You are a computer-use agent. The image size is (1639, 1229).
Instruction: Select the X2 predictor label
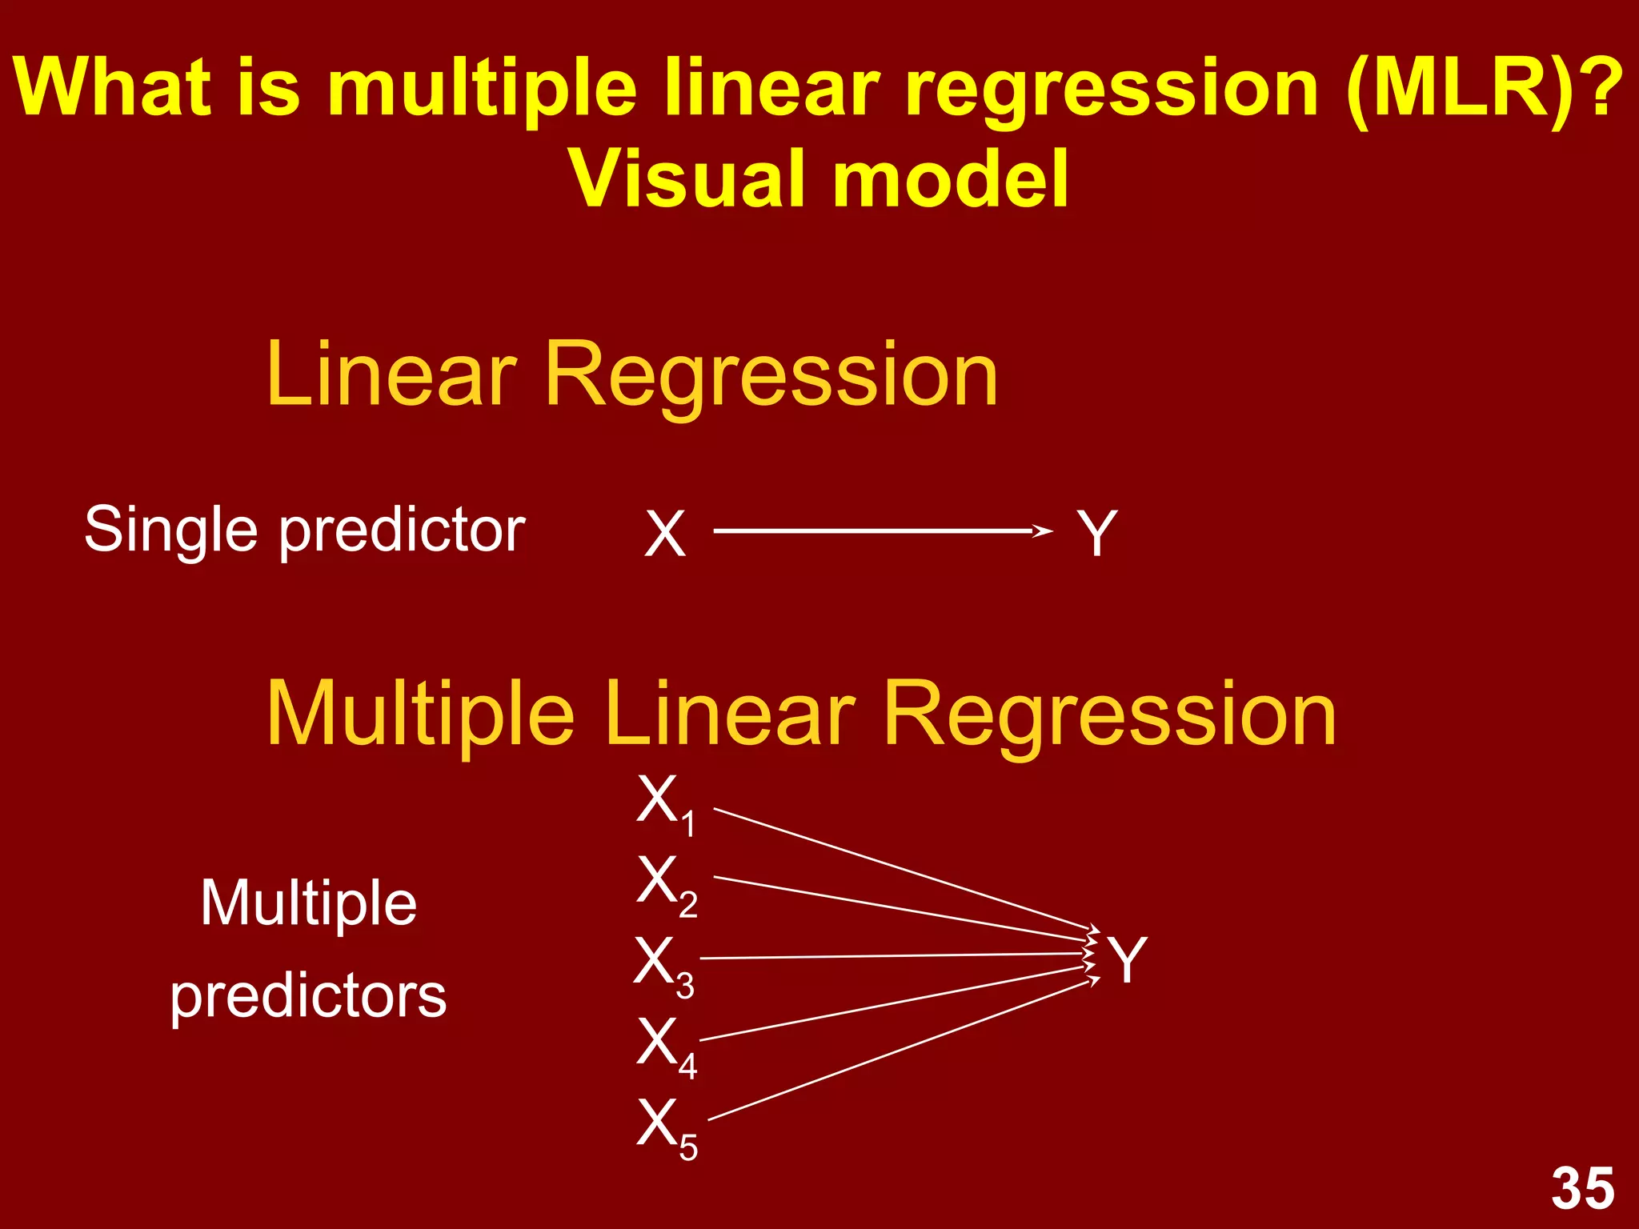(667, 883)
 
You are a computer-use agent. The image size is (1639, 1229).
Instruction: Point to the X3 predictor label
(663, 965)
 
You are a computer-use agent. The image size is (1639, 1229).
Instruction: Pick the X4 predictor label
(667, 1046)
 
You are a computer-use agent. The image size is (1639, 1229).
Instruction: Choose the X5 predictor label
(667, 1127)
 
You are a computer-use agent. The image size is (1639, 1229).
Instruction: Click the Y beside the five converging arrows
(1127, 959)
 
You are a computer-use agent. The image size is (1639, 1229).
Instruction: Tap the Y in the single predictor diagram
(1096, 533)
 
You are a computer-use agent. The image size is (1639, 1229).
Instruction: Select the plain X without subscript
(665, 534)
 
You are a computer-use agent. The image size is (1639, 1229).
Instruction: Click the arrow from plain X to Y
(880, 530)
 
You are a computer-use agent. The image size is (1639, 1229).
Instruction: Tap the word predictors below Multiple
(308, 997)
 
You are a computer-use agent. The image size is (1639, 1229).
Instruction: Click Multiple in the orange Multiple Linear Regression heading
(420, 714)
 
